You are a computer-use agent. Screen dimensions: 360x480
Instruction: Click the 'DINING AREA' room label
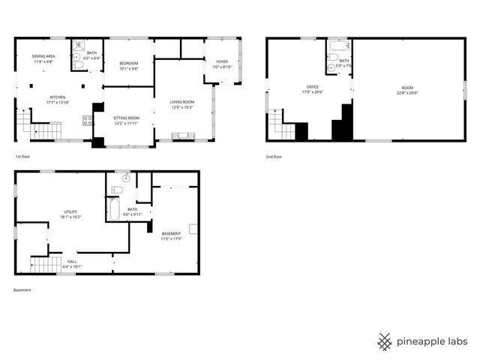[x=42, y=56]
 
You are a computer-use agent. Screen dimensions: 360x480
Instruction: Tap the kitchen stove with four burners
[x=87, y=119]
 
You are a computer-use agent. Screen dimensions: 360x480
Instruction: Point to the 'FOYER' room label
[x=222, y=61]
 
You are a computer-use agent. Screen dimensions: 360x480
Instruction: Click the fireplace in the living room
[x=183, y=136]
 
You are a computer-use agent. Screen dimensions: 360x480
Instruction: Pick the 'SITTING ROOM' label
[x=126, y=118]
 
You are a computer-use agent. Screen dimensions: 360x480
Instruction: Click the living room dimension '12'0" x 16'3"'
[x=182, y=107]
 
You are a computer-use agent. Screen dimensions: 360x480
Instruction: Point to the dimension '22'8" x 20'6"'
[x=407, y=92]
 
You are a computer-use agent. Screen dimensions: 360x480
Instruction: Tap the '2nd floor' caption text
[x=274, y=157]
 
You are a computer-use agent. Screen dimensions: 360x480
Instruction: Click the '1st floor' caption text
[x=23, y=157]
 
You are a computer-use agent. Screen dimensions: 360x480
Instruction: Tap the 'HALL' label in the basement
[x=72, y=261]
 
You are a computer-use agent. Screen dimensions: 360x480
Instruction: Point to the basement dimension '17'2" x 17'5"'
[x=172, y=239]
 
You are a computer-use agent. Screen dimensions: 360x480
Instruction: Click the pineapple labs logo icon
[x=385, y=341]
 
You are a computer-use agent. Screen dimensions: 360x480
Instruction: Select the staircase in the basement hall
[x=46, y=264]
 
